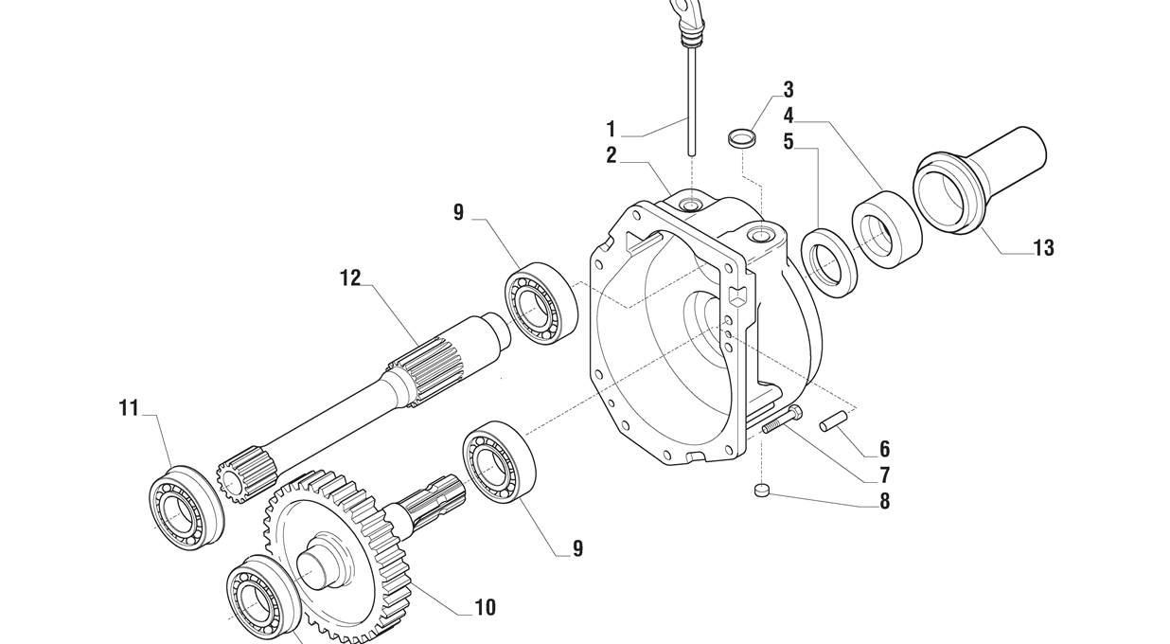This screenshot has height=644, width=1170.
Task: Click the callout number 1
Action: click(x=611, y=129)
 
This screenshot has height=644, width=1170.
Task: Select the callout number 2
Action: click(x=612, y=155)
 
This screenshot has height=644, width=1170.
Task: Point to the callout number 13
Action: click(x=1043, y=248)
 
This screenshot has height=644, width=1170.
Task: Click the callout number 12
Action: click(x=350, y=278)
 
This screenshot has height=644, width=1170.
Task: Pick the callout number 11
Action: click(x=129, y=408)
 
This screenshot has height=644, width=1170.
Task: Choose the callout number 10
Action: click(x=486, y=607)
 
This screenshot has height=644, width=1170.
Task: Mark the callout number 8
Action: click(x=884, y=501)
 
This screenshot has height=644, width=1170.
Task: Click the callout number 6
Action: click(x=884, y=449)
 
